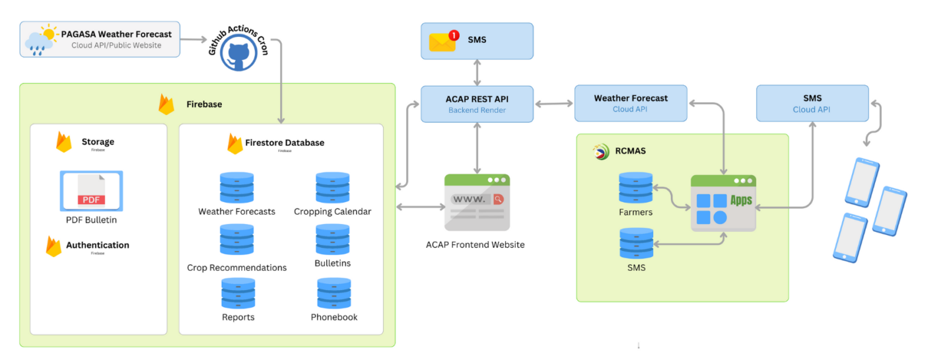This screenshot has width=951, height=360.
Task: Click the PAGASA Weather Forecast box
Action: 100,39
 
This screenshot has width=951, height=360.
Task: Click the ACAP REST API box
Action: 477,104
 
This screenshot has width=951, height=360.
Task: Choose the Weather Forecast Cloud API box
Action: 631,103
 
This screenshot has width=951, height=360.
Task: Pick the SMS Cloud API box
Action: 812,103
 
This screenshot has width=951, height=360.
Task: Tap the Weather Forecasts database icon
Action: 237,188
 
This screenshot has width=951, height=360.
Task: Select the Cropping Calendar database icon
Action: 332,188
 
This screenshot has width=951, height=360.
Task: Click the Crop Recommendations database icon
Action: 237,240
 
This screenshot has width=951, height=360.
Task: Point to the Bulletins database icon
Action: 332,240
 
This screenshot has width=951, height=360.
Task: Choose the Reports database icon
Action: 238,293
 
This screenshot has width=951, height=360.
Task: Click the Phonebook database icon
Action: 334,293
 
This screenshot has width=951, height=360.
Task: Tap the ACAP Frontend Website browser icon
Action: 477,202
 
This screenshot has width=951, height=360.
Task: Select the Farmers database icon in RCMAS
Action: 636,188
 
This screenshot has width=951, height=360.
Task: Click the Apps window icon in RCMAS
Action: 723,203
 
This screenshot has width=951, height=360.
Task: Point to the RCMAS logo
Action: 601,151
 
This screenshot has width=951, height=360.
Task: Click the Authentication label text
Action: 97,245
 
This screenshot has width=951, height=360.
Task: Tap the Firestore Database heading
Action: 285,143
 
